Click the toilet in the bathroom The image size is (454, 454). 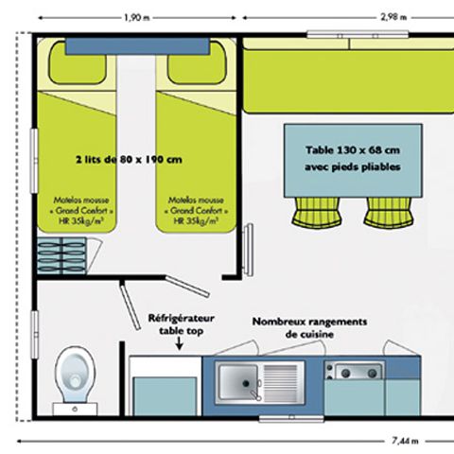click(x=72, y=375)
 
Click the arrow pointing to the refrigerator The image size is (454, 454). click(x=181, y=345)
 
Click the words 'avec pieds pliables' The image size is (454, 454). click(x=353, y=167)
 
